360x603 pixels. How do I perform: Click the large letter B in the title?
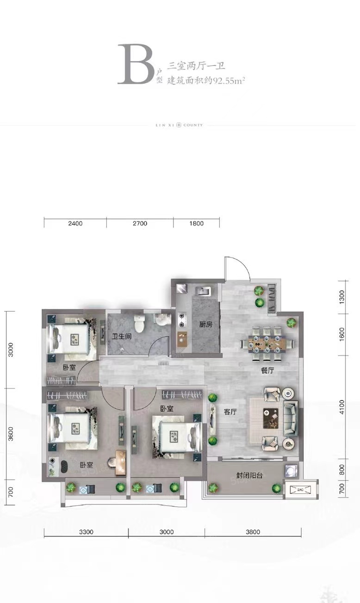(135, 64)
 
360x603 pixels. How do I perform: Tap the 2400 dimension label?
(75, 223)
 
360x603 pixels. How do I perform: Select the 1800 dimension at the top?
(197, 223)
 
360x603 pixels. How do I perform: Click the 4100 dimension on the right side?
(341, 407)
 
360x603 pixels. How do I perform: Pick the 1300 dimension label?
(341, 297)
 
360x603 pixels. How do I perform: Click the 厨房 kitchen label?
(206, 324)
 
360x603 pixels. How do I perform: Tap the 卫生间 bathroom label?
(122, 336)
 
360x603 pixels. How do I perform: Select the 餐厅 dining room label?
(267, 371)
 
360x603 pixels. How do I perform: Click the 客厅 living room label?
(230, 412)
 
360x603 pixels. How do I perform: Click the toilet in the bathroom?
(139, 324)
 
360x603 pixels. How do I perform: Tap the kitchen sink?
(204, 291)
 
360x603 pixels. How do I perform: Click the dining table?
(267, 344)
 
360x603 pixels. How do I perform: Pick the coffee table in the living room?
(271, 418)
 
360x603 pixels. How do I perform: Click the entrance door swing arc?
(242, 263)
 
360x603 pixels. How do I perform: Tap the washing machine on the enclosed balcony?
(292, 470)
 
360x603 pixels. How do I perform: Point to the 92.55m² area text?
(229, 80)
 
